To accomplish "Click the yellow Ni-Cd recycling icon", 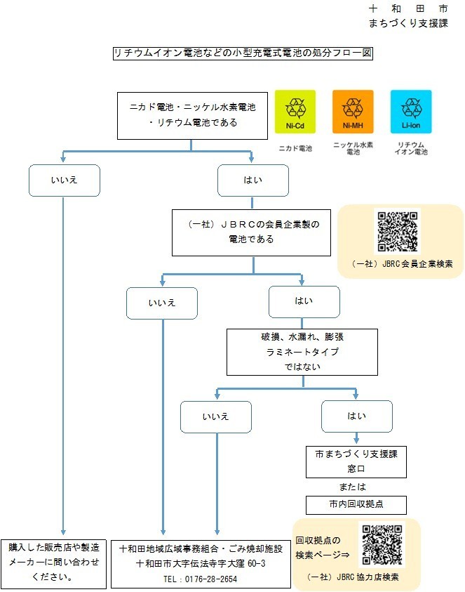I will (x=295, y=112).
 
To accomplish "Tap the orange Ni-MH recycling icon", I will (x=353, y=112).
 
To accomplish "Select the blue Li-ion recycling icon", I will (x=411, y=112).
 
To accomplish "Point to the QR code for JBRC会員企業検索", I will (x=398, y=232).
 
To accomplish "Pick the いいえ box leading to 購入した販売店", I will (x=64, y=180).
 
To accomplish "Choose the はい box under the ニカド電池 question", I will (x=252, y=180).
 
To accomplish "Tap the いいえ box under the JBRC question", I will (x=161, y=303).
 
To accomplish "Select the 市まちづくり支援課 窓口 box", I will (x=356, y=461).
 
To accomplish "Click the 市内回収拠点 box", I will (x=356, y=505).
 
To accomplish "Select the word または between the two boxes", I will (x=356, y=485).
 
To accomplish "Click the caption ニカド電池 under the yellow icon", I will (x=295, y=148).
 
